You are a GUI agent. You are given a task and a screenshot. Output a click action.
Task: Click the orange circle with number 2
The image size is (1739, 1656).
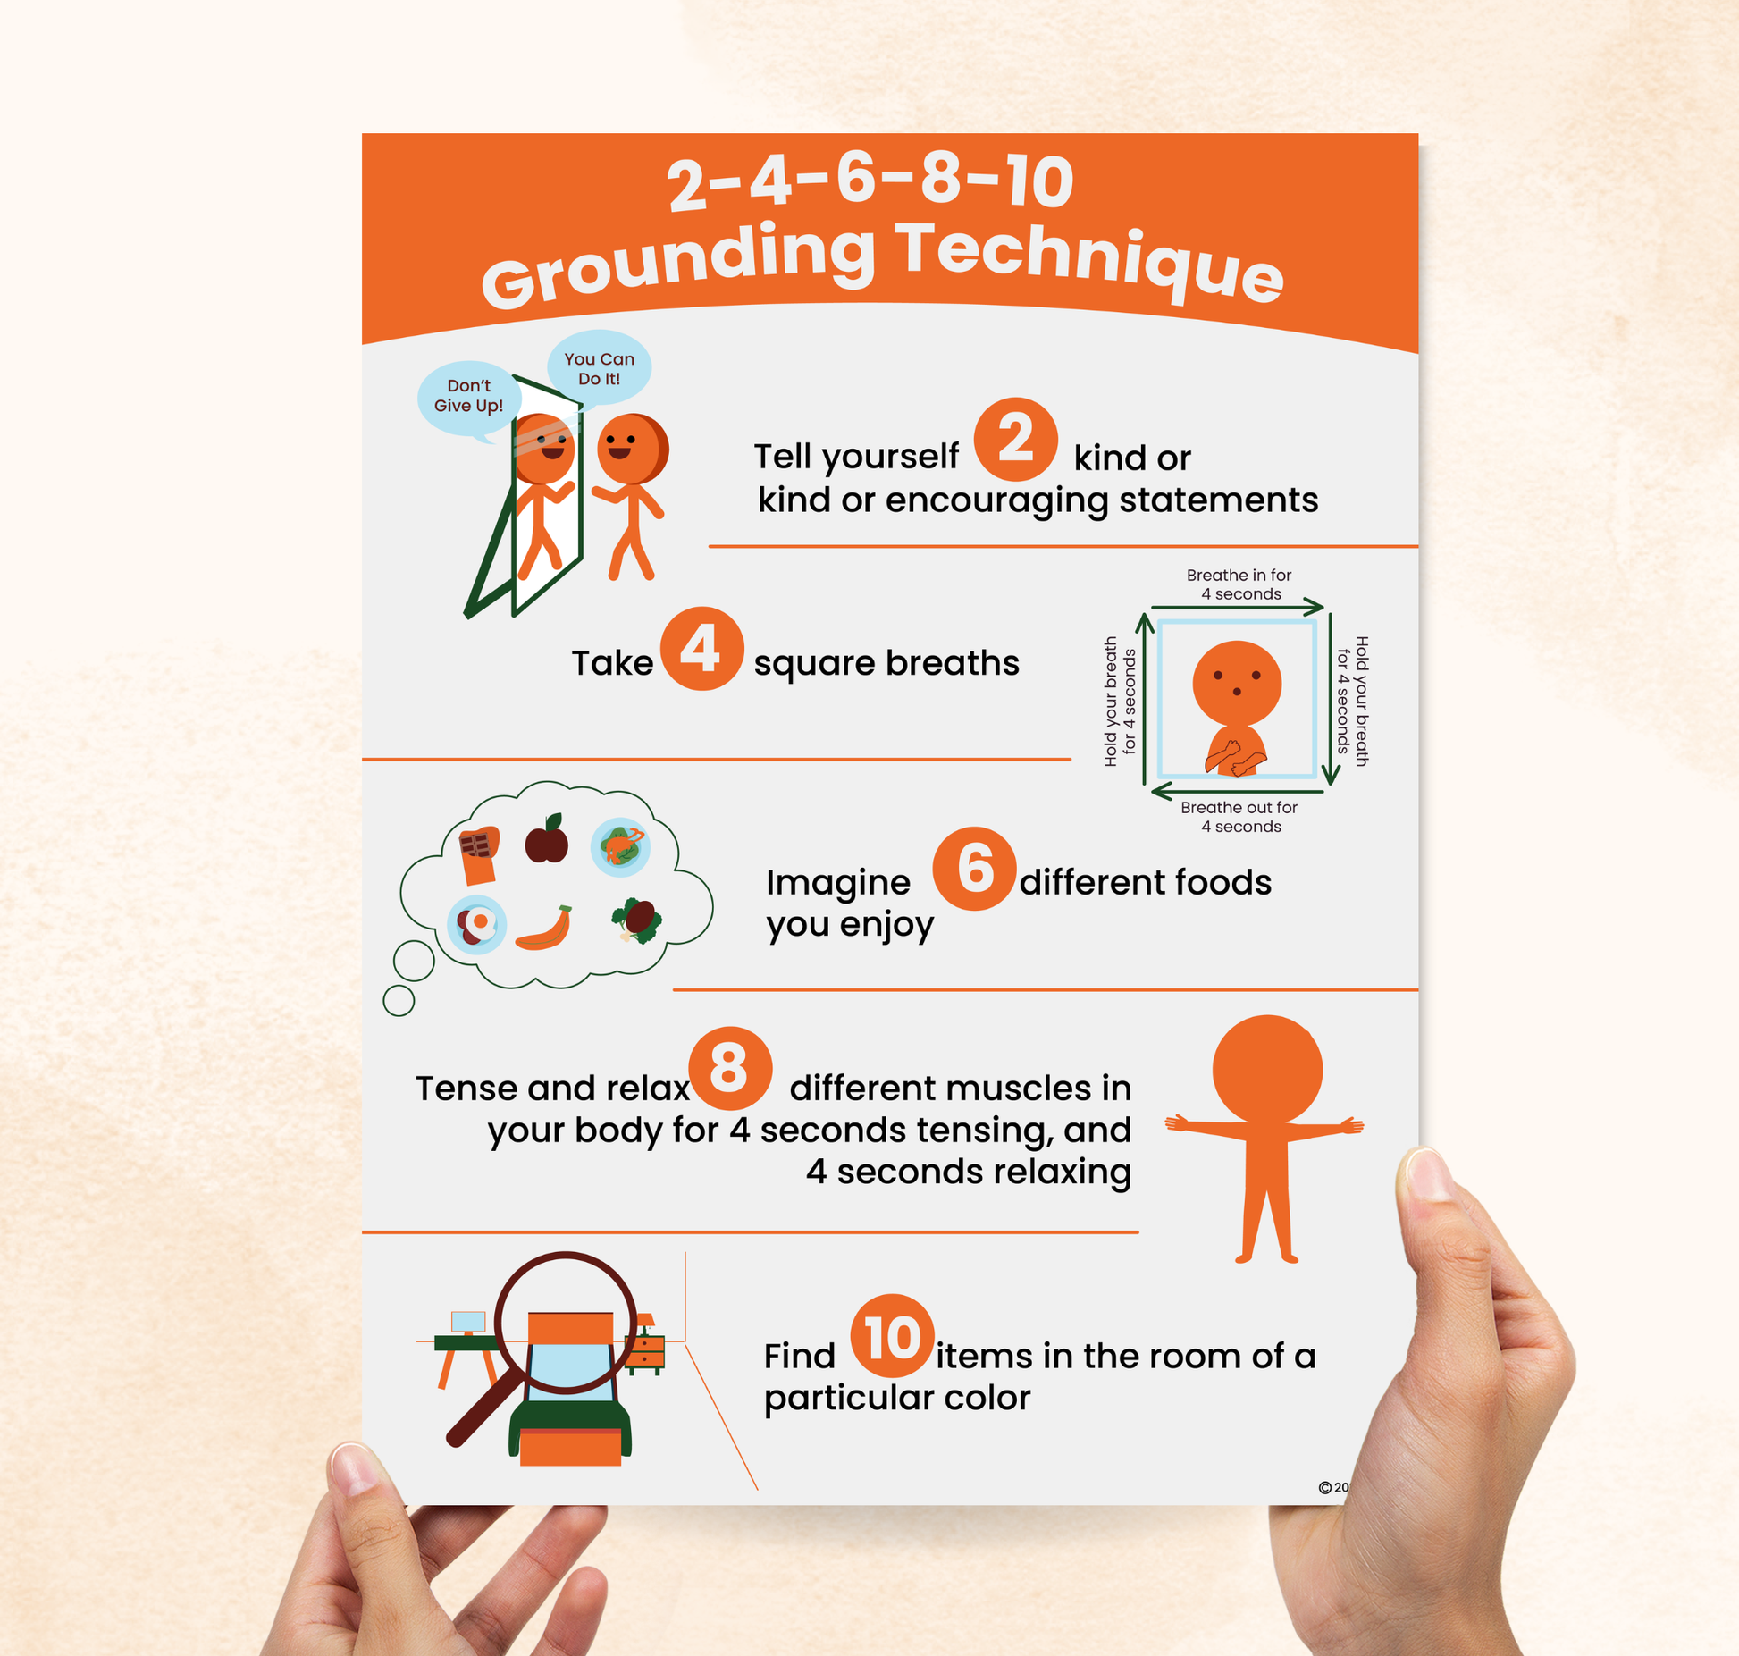1015,439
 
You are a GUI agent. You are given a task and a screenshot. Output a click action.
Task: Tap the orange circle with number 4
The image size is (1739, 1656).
701,649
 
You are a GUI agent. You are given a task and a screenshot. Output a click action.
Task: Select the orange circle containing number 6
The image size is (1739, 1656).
974,869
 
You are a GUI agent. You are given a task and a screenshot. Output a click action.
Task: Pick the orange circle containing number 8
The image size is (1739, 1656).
729,1068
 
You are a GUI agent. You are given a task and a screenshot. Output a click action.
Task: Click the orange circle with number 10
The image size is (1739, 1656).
892,1337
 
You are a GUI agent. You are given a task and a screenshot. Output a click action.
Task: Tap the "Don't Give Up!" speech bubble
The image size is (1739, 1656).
468,397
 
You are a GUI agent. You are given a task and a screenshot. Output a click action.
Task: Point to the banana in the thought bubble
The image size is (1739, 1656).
544,929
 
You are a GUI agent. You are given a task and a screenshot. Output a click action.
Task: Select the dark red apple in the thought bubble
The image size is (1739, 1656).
546,840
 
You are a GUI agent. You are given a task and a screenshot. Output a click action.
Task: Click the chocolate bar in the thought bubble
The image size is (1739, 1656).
478,853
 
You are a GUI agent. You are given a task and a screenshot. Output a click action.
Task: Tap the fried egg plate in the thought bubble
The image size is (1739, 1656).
476,924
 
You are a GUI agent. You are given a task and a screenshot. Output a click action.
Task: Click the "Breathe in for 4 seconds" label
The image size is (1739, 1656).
1239,584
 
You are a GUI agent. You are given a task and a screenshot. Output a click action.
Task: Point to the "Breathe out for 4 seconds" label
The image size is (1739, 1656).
1239,816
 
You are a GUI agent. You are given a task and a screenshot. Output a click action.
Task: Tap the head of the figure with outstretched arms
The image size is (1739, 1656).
1266,1069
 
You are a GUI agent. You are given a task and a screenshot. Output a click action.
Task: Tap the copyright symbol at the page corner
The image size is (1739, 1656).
1324,1487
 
